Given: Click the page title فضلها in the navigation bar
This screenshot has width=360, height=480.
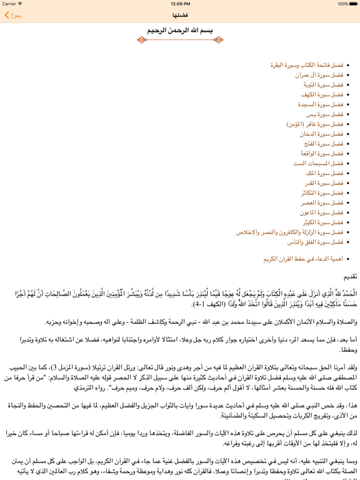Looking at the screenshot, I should pos(180,15).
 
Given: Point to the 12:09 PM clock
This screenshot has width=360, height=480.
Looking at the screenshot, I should pos(180,4).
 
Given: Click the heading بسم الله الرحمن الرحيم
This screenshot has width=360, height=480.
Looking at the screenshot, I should pos(180,29).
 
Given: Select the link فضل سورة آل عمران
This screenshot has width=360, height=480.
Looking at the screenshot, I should pos(319,75).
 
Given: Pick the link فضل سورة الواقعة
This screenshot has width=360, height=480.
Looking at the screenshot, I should pos(322,153).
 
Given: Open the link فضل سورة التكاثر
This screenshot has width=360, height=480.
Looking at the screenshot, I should pos(322,192).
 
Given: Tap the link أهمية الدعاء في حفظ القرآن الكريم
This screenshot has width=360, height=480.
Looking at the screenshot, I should pos(303,258).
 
